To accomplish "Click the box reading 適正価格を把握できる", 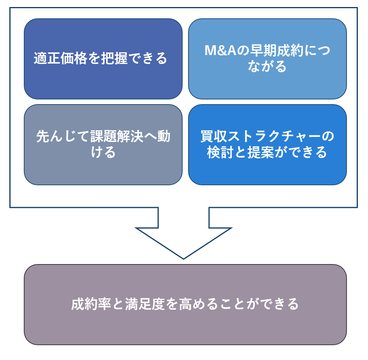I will [x=103, y=59].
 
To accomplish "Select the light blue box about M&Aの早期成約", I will [x=267, y=59].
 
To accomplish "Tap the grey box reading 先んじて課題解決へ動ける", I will [x=103, y=144].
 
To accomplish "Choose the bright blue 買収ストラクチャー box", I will [x=267, y=144].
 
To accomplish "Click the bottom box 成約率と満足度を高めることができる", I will [x=185, y=304].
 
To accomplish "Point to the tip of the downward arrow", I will [x=183, y=258].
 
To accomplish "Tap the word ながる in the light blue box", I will [x=267, y=67].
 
